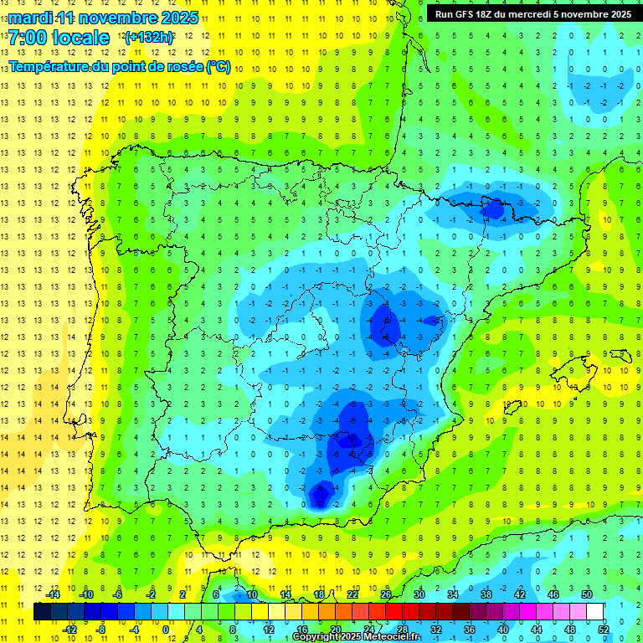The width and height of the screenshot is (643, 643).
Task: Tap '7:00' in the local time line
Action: coord(28,38)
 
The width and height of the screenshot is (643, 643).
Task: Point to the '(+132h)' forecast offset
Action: coord(148,38)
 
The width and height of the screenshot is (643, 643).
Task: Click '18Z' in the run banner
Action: coord(491,13)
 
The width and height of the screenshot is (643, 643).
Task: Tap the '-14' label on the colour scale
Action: coord(53,594)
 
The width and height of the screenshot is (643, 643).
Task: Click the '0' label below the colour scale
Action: coord(165,629)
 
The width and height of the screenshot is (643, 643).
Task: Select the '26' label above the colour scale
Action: coord(385,594)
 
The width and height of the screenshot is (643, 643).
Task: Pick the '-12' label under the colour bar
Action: coord(69,629)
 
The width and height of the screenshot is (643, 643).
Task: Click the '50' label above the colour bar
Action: coord(586,594)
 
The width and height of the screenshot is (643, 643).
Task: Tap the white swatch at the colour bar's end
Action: coord(594,611)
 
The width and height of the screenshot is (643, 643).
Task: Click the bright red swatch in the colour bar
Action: coord(394,611)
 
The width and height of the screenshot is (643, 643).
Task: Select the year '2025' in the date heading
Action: coord(178,18)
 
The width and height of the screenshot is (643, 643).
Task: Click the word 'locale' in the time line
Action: coord(80,38)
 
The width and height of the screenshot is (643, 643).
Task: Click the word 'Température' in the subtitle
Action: coord(47,67)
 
